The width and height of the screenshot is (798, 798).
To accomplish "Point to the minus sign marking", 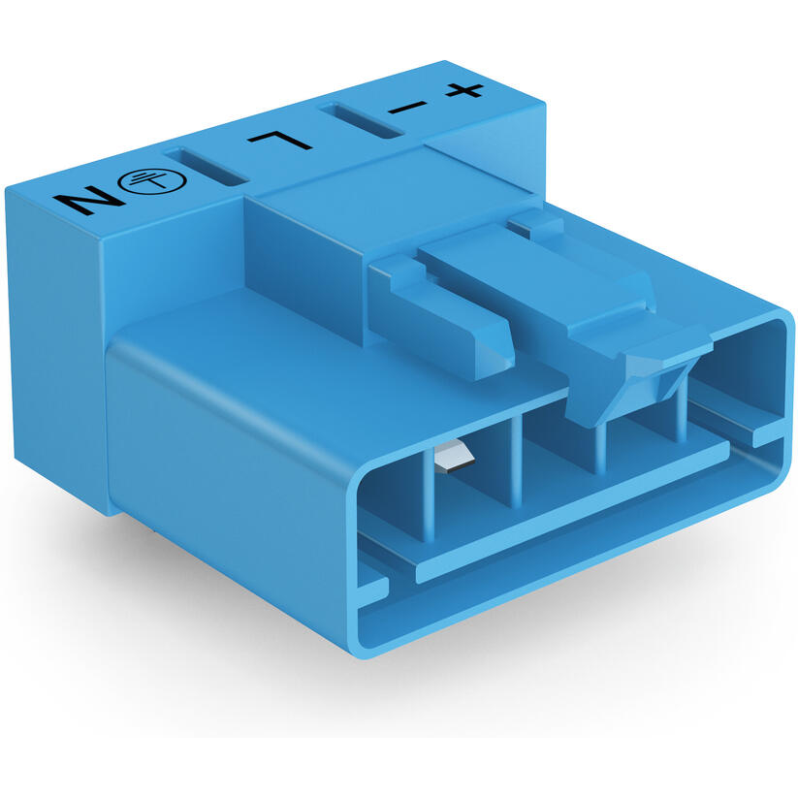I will pyautogui.click(x=405, y=105).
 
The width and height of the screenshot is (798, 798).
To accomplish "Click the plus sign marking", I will pyautogui.click(x=463, y=91).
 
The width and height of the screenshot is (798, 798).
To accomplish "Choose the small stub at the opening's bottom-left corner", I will pyautogui.click(x=372, y=587).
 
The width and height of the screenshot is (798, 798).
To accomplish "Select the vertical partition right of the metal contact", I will pyautogui.click(x=517, y=456).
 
